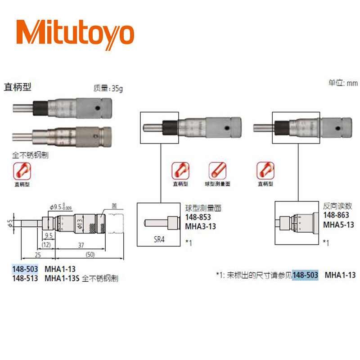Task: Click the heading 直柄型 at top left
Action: tap(18, 87)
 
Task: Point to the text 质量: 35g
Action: tap(108, 89)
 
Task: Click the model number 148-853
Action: tap(198, 217)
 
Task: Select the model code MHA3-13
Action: tap(200, 226)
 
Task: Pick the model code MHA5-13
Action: tap(339, 224)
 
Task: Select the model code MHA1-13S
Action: tap(62, 279)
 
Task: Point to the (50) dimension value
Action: tap(90, 255)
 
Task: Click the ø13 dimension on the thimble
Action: tap(80, 224)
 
